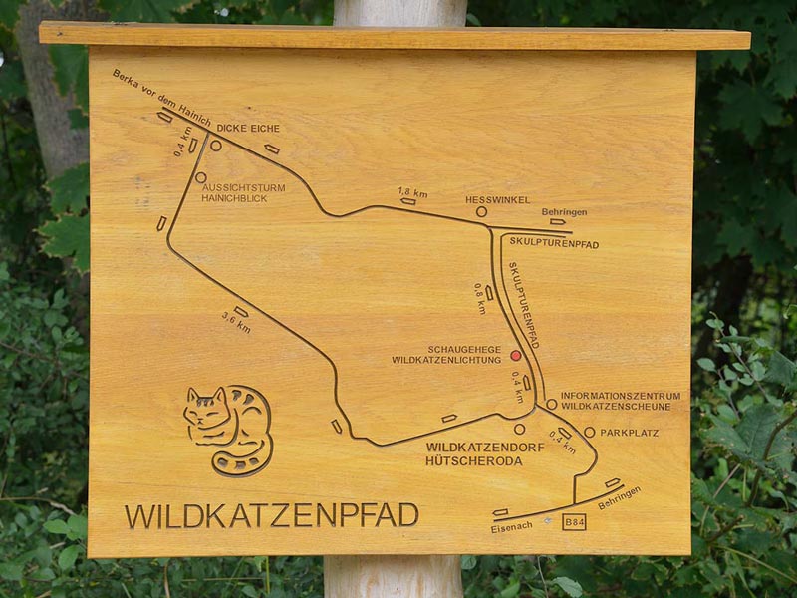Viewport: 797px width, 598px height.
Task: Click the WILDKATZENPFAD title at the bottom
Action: [271, 515]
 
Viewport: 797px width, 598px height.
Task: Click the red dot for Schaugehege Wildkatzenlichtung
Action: [516, 355]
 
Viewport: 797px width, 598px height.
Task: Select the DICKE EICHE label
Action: [248, 129]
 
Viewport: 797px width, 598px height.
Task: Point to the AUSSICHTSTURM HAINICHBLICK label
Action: [243, 193]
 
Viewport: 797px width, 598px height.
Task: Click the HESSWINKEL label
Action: [497, 200]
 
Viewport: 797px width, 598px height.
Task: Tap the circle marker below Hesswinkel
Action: [481, 212]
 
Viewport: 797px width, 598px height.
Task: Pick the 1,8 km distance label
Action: [411, 191]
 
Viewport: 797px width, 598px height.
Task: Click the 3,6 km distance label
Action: [236, 322]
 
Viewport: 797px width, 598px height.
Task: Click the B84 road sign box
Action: [574, 521]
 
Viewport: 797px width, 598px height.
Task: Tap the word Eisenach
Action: [512, 528]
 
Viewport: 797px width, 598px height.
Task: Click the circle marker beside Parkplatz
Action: [589, 433]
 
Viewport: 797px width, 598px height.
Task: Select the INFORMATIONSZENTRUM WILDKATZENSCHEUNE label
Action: [620, 401]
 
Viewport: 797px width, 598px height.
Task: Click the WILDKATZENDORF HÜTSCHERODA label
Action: [484, 454]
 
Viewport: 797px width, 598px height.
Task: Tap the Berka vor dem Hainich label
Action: [161, 98]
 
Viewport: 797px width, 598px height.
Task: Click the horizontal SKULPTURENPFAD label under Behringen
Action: [554, 243]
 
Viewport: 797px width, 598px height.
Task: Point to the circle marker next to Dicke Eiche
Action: [215, 146]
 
